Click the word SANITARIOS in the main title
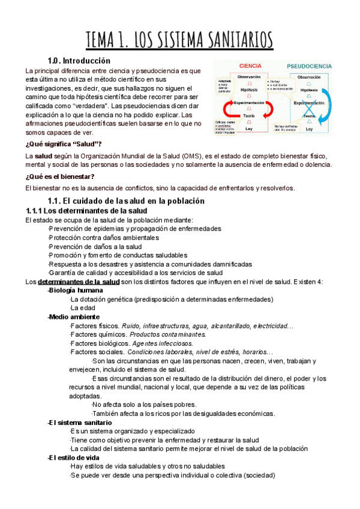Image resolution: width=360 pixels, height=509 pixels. point(231,40)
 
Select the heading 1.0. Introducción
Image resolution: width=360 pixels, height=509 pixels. point(79,61)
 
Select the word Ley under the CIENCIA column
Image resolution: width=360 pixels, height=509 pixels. point(249,128)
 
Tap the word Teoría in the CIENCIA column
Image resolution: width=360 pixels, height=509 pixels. point(249,116)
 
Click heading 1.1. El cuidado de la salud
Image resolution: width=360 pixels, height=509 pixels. point(126,200)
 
